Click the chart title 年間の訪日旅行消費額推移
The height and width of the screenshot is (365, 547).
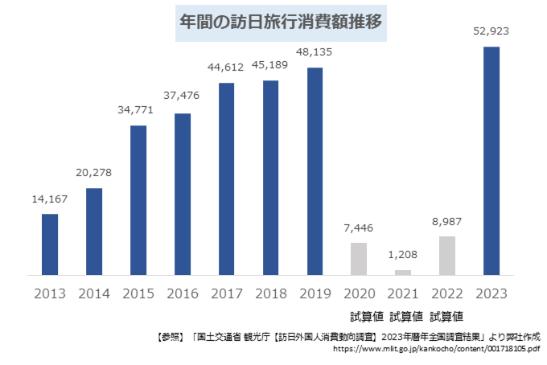point(281,23)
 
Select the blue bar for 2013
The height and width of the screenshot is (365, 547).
point(50,244)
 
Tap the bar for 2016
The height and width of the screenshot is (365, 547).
point(183,194)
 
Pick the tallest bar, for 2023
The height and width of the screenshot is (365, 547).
point(491,161)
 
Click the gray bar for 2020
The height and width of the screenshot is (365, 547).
point(359,259)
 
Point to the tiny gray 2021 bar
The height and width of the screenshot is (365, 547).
point(403,273)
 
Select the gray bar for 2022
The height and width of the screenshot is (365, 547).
point(447,256)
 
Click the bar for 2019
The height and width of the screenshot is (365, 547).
point(315,171)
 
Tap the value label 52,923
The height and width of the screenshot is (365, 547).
point(490,31)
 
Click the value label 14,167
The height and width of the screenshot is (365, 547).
point(50,199)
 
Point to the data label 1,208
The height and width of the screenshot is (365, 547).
point(403,255)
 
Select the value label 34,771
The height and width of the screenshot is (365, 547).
point(138,110)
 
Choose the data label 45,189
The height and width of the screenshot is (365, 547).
point(271,65)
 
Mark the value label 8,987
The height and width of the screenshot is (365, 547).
point(447,221)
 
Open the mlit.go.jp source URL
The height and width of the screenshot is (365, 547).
point(435,349)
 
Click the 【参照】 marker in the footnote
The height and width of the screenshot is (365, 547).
point(167,335)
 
